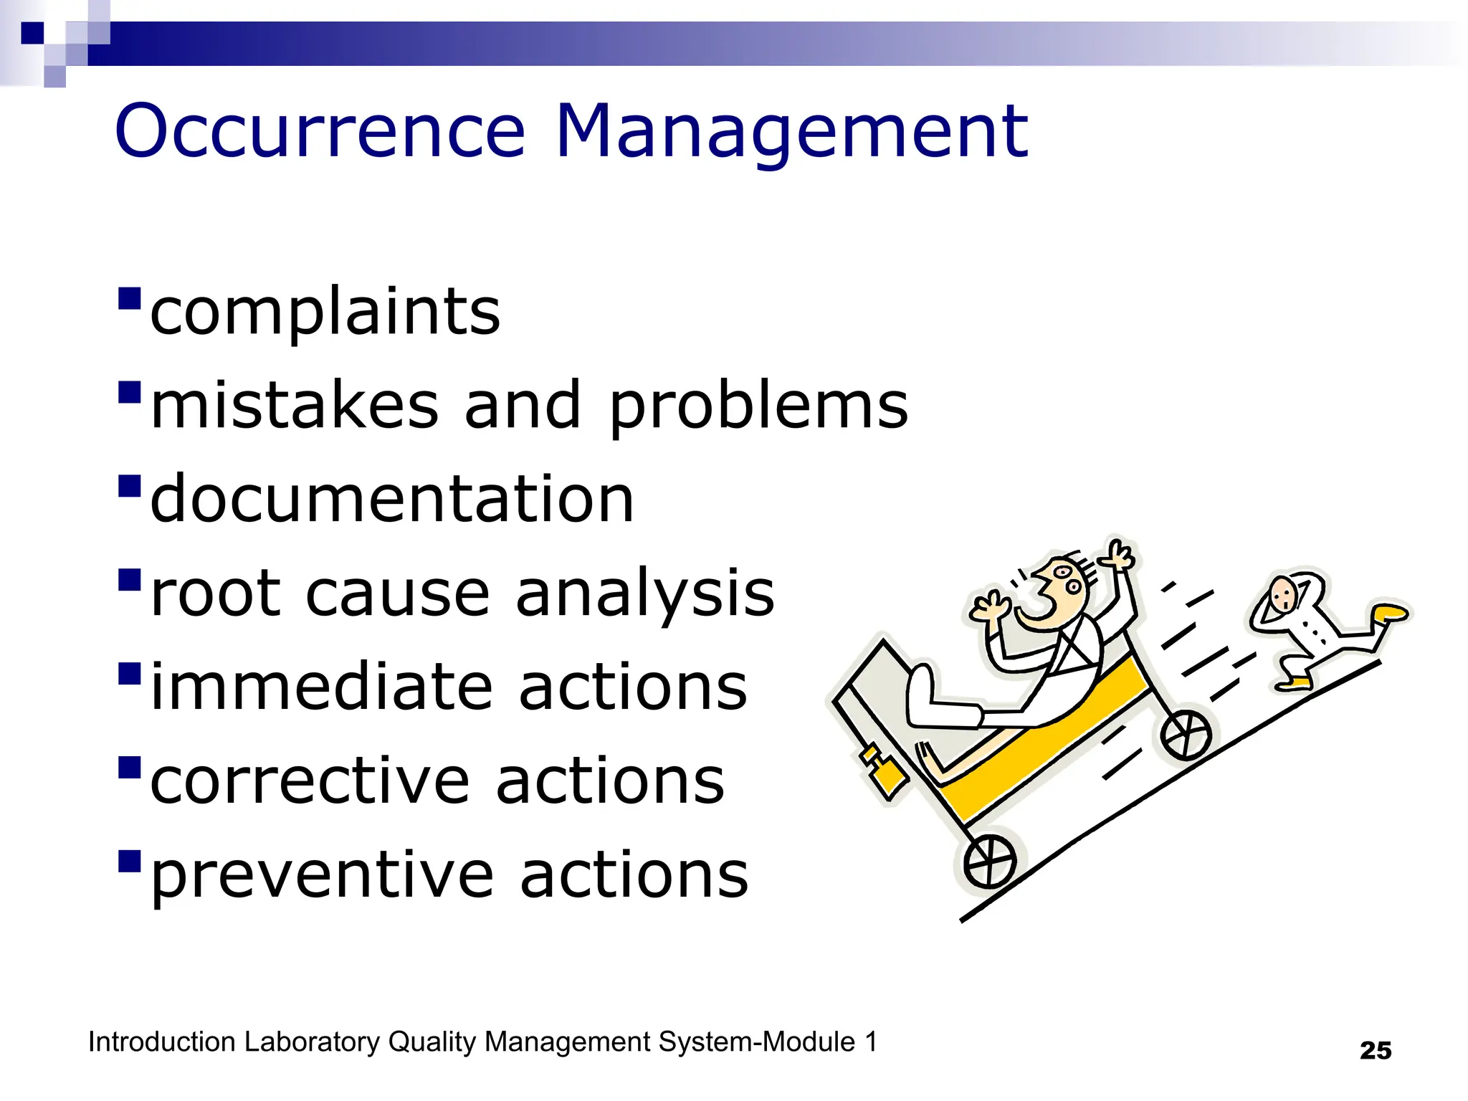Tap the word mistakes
coord(295,405)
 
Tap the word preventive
coord(323,874)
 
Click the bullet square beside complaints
coord(129,297)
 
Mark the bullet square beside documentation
coord(129,485)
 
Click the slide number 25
coord(1375,1051)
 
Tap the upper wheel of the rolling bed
coord(1186,735)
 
